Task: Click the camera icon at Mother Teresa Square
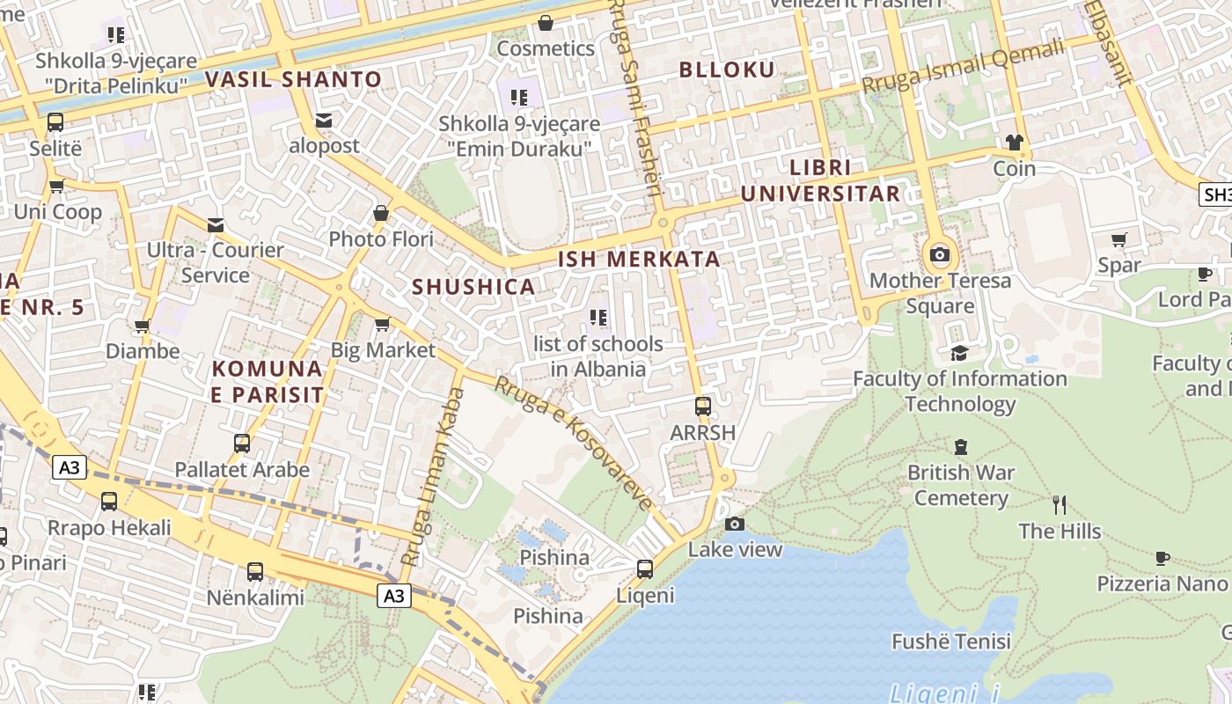click(940, 255)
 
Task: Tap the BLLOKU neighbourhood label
click(727, 70)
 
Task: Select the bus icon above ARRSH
click(702, 407)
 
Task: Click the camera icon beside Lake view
click(735, 524)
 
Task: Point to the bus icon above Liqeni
click(645, 569)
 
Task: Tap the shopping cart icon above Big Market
click(382, 325)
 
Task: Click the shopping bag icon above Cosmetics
click(546, 23)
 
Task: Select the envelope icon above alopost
click(324, 120)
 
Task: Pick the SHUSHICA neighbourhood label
click(473, 287)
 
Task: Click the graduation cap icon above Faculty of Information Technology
click(959, 353)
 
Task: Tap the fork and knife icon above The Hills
click(1060, 505)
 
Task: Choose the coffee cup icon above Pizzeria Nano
click(1162, 558)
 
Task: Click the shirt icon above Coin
click(1014, 143)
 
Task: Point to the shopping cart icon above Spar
click(1119, 239)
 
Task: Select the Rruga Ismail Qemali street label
click(963, 67)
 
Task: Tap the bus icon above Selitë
click(55, 122)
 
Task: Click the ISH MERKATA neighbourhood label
click(639, 260)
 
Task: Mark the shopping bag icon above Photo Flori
click(381, 213)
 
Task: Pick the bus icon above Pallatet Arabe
click(242, 444)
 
